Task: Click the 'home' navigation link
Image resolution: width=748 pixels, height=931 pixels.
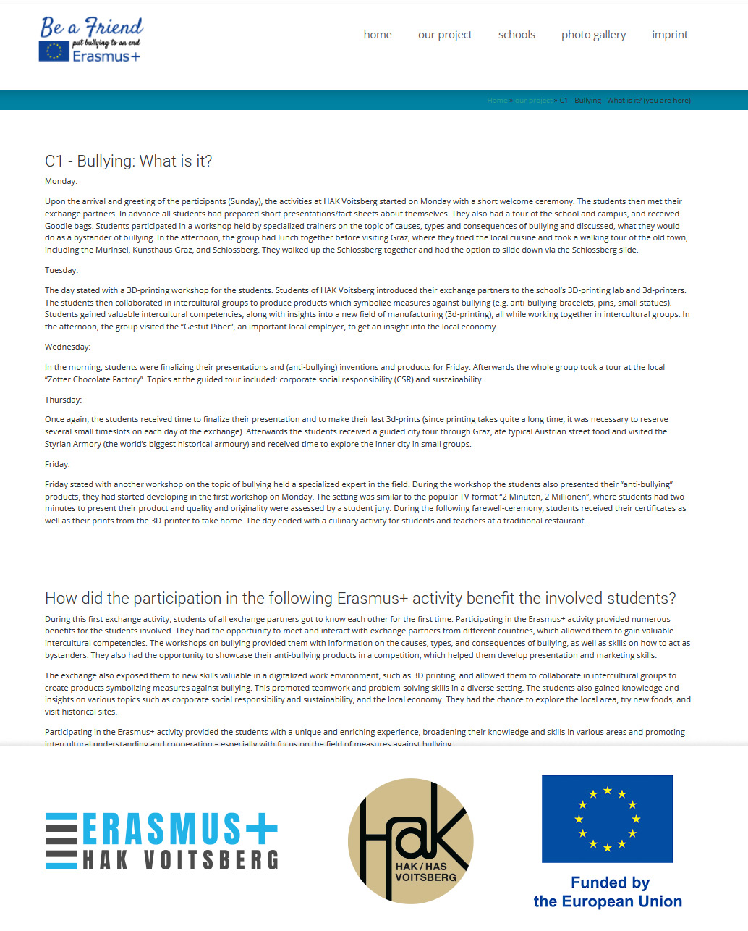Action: [x=378, y=35]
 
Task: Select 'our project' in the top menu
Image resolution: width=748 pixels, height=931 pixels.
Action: [x=445, y=35]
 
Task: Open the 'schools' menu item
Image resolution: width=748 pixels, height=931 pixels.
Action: [x=517, y=35]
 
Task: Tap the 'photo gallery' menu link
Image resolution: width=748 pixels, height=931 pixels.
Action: [x=593, y=35]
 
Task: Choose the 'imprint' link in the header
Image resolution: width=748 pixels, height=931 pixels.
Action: [x=670, y=35]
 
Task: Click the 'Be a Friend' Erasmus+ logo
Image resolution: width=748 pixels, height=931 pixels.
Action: [x=91, y=39]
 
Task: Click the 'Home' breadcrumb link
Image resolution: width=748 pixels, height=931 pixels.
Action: [x=497, y=101]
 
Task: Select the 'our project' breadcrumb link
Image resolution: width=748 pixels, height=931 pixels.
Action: [x=534, y=101]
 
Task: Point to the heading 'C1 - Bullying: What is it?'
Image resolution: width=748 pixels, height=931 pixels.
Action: [x=129, y=161]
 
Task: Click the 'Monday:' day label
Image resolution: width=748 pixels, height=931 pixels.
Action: [x=61, y=181]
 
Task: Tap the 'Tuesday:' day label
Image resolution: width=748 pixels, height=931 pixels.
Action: [x=61, y=270]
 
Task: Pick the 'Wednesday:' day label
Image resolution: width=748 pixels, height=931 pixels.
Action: [x=68, y=347]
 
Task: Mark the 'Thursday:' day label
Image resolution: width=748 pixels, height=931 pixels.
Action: [x=64, y=400]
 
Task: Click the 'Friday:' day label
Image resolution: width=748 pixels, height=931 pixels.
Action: [x=57, y=464]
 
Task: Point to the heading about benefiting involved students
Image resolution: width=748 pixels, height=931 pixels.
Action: [x=360, y=599]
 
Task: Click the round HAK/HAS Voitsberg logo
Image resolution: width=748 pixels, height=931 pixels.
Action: [x=411, y=841]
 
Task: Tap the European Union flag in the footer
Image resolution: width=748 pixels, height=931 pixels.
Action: [x=608, y=819]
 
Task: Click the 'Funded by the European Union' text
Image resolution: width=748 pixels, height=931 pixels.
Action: [x=608, y=892]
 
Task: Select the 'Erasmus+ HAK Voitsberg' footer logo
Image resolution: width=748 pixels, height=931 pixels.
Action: [x=161, y=841]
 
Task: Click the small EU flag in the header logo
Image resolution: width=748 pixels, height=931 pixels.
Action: [x=54, y=51]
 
